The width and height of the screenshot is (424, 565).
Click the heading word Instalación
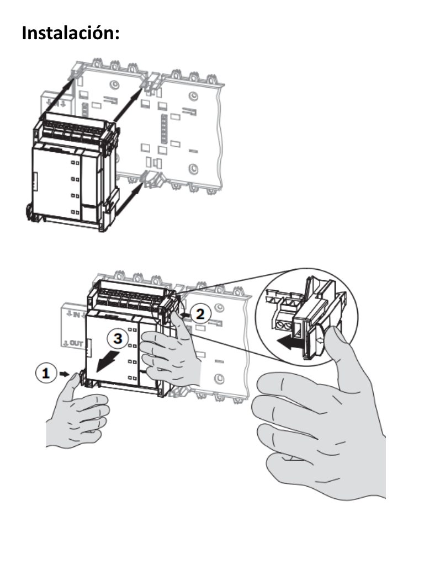(x=71, y=33)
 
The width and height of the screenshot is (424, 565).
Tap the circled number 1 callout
(x=47, y=374)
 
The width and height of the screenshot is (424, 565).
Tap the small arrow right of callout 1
(x=65, y=374)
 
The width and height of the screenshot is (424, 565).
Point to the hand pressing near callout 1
(x=77, y=414)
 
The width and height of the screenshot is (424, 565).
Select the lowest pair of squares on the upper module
(x=74, y=213)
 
